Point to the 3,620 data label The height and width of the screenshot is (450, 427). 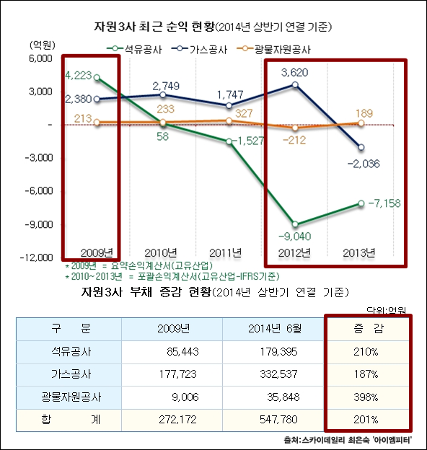299,72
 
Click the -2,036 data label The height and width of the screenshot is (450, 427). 369,164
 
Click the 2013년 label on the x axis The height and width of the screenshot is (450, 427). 358,252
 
